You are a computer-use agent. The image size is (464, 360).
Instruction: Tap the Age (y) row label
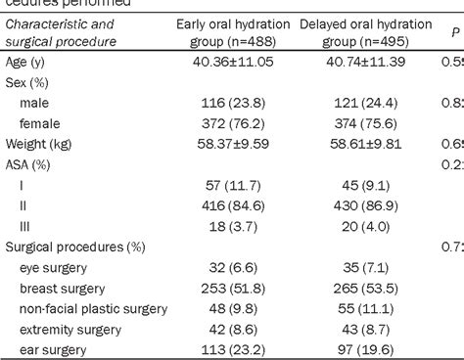point(25,62)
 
